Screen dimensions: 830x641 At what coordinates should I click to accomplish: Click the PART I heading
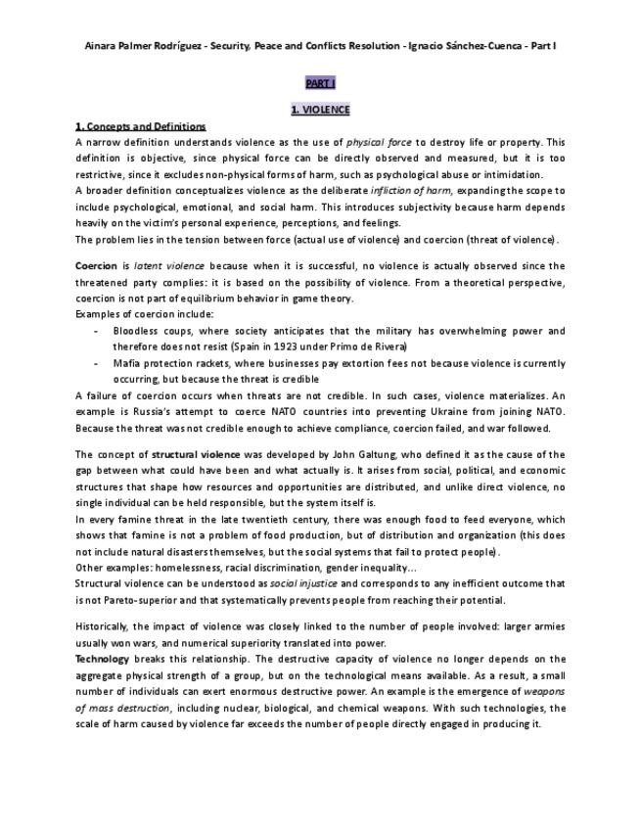click(x=320, y=85)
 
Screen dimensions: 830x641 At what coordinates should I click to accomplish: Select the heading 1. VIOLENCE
click(x=320, y=110)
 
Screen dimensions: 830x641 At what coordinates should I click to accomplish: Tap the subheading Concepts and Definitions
click(x=141, y=126)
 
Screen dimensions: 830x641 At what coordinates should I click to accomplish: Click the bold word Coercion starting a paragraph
click(x=96, y=266)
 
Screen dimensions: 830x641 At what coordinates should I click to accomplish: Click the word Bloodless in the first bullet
click(x=135, y=331)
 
